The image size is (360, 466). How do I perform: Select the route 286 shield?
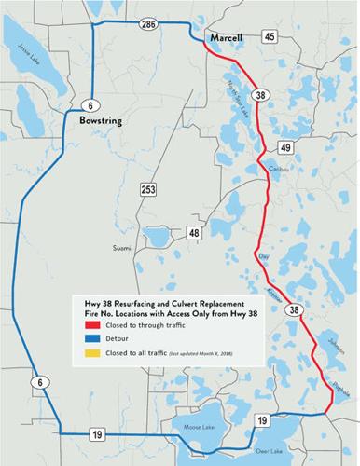(145, 21)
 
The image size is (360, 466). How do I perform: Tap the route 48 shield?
(194, 233)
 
